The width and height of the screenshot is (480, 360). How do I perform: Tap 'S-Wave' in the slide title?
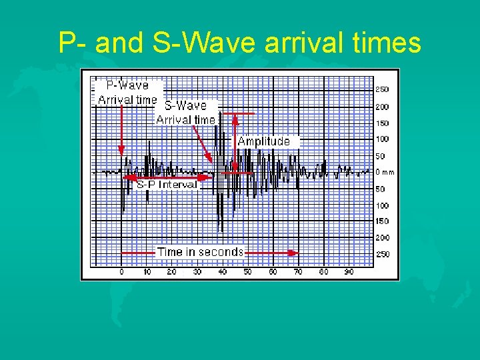click(x=199, y=44)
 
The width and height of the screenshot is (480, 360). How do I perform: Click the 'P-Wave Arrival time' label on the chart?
click(x=127, y=93)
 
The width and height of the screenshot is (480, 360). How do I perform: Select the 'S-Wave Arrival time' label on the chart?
click(x=185, y=112)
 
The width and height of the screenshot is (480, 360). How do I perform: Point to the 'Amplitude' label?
click(x=264, y=141)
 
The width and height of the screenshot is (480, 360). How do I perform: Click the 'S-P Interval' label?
click(x=167, y=184)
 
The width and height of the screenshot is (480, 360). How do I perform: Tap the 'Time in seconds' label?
click(x=200, y=252)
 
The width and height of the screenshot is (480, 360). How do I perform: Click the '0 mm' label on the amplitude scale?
click(x=385, y=172)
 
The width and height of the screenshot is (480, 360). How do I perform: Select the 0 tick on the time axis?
click(x=121, y=272)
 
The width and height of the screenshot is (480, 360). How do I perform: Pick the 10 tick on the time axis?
click(x=147, y=272)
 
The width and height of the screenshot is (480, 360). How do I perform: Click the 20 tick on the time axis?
click(x=172, y=272)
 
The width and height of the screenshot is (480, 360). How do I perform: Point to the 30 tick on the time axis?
click(x=197, y=272)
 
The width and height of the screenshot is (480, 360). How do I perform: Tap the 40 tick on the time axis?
click(x=223, y=272)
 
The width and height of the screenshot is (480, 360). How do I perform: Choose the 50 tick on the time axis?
click(x=247, y=272)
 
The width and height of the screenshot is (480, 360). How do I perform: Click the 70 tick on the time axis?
click(x=298, y=272)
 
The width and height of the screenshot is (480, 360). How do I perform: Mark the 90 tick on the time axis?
click(x=349, y=272)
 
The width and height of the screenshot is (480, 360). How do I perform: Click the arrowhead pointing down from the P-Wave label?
click(x=121, y=151)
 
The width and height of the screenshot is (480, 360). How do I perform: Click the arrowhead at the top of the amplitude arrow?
click(x=235, y=118)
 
